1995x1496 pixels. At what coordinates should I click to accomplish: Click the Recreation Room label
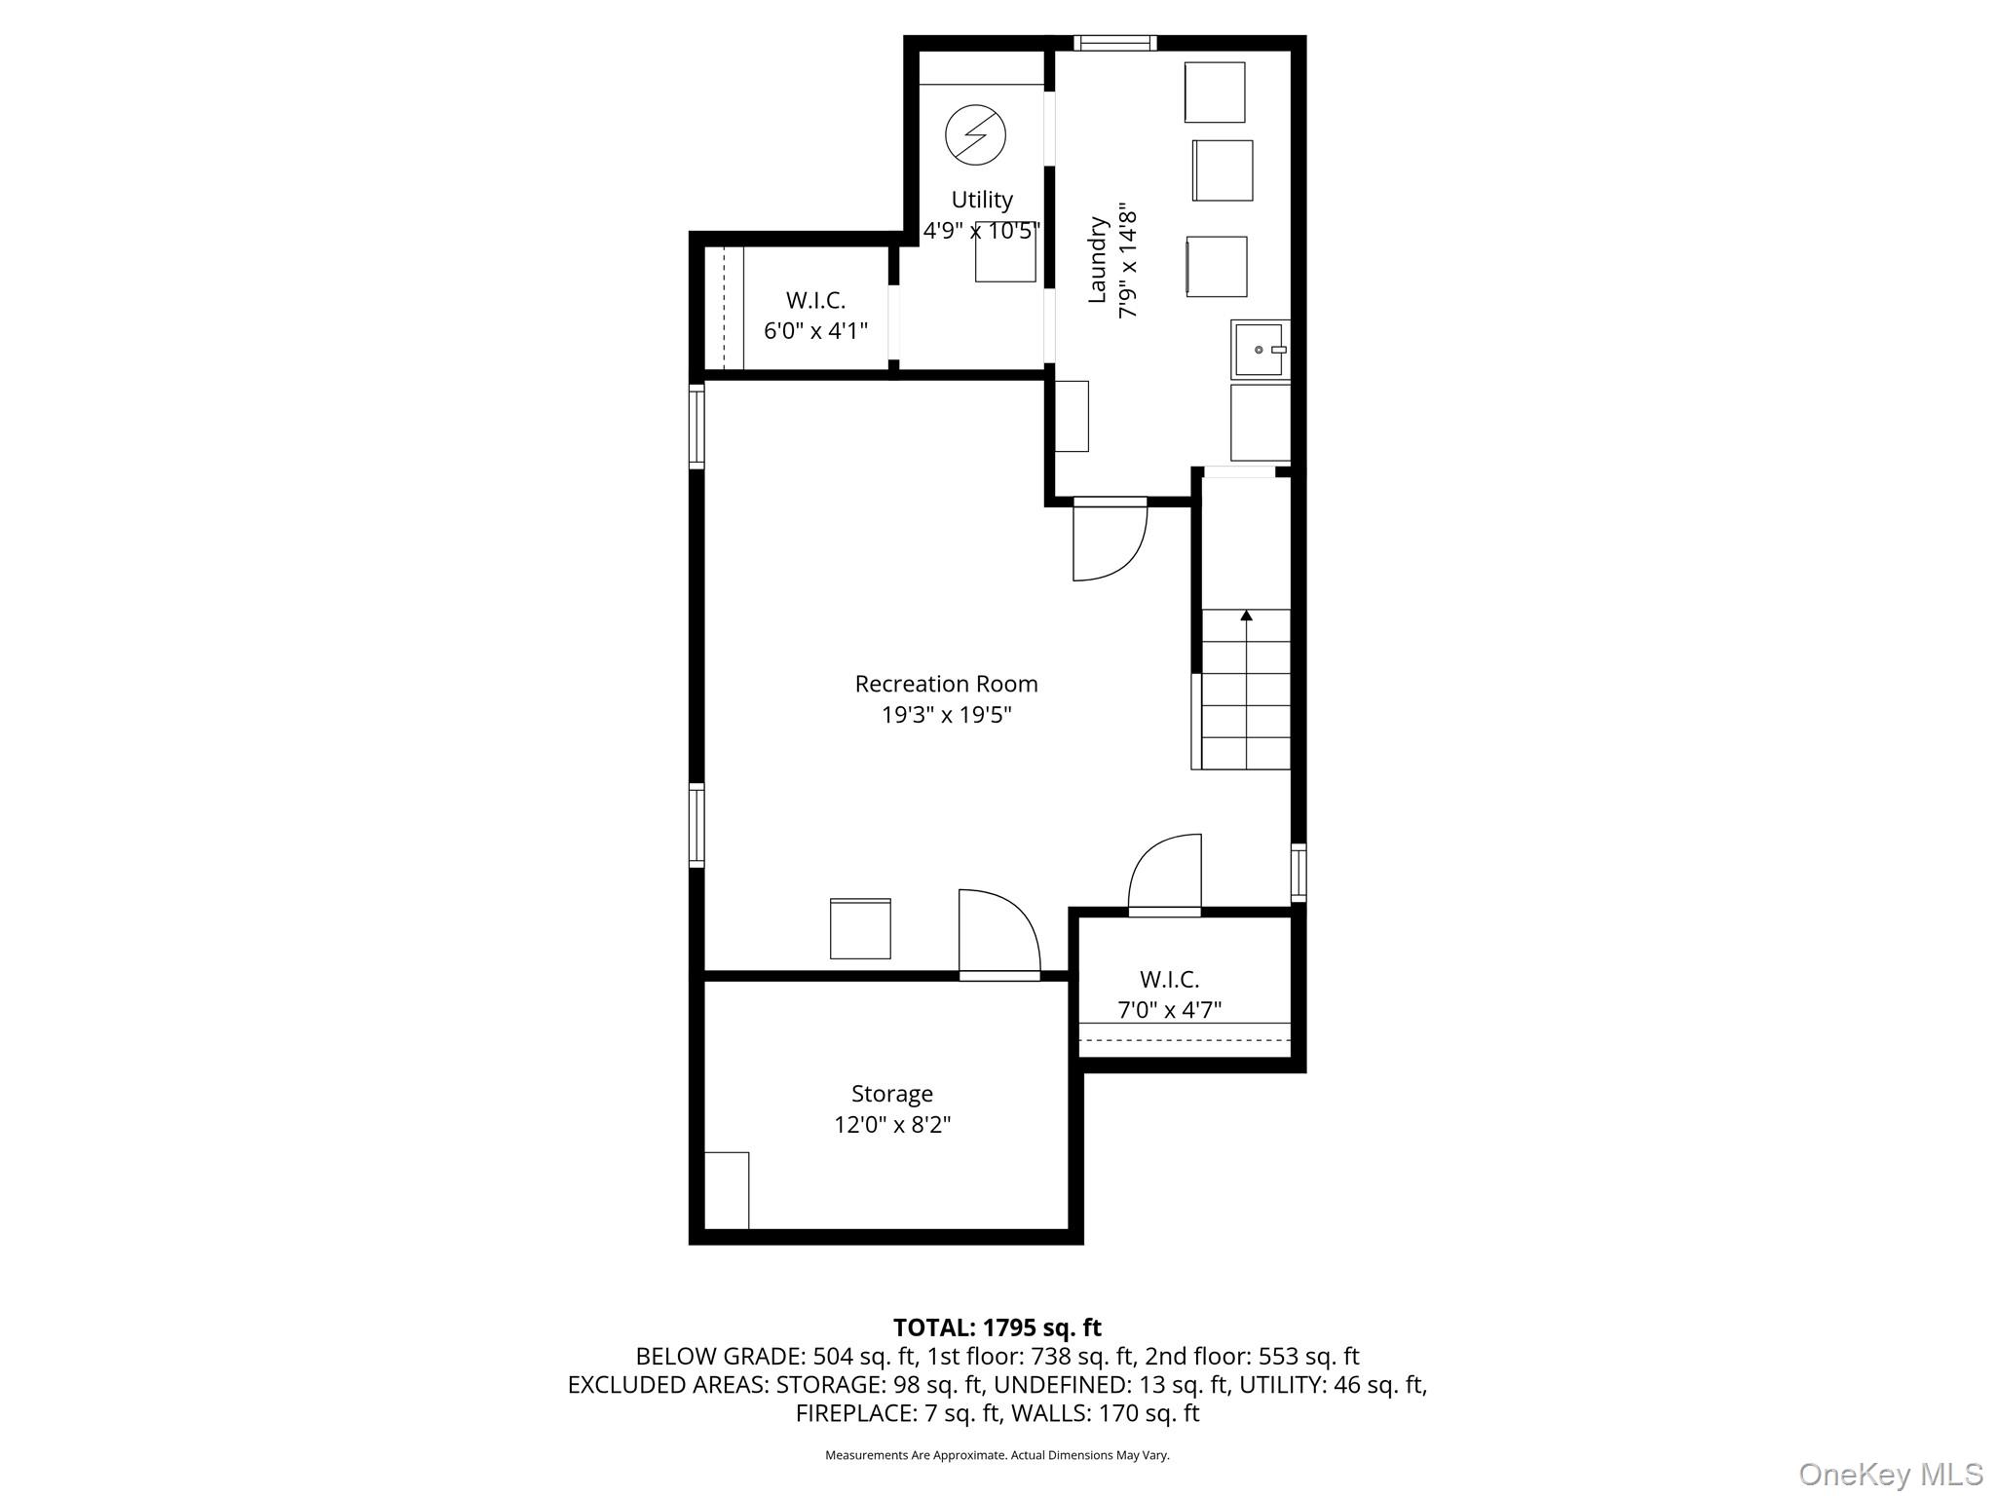[946, 684]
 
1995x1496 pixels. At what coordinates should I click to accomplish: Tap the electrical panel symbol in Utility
[975, 134]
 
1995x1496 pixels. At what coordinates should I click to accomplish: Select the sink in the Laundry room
[1259, 349]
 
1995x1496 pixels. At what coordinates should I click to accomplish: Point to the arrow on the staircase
[1246, 616]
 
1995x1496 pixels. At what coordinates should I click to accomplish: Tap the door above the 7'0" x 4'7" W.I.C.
[1165, 875]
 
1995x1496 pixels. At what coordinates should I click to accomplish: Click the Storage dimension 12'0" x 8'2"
[891, 1125]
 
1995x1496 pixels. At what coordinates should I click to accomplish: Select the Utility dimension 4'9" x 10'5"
[981, 231]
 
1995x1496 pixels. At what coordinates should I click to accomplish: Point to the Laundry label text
[1097, 260]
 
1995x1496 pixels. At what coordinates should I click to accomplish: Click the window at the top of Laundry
[1115, 43]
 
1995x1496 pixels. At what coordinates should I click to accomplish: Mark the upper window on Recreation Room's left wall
[696, 426]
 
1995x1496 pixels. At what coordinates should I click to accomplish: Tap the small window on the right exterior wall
[1299, 872]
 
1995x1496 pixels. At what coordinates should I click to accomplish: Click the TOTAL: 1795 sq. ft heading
[997, 1328]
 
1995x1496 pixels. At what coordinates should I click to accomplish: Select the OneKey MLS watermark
[1890, 1474]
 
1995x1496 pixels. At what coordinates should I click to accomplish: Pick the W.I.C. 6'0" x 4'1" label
[815, 316]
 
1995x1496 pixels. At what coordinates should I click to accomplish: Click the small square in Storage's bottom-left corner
[727, 1190]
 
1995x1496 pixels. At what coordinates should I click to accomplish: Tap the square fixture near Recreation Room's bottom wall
[860, 929]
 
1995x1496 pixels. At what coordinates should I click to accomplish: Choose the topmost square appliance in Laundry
[1214, 93]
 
